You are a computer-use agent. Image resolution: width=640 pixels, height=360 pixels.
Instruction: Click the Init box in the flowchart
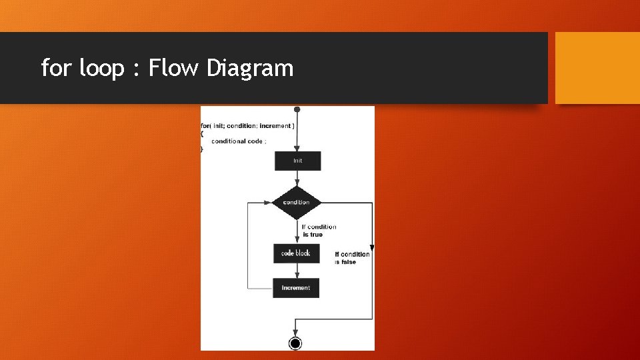297,161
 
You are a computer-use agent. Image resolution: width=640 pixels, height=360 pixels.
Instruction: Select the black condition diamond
296,202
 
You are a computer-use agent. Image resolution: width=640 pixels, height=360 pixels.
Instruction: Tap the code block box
296,253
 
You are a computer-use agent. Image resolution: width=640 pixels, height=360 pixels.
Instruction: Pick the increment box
296,288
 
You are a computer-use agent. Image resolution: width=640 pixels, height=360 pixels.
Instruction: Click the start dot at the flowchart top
297,109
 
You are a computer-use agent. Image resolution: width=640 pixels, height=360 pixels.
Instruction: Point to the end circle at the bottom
295,343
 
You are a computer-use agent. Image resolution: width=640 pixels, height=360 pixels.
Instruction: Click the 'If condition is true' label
319,231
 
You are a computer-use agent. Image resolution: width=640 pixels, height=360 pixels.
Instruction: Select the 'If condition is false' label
352,258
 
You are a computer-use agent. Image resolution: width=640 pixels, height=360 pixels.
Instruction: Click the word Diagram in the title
250,68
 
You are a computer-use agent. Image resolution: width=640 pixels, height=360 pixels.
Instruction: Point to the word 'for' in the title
57,68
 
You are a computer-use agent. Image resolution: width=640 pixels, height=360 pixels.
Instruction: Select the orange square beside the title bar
597,68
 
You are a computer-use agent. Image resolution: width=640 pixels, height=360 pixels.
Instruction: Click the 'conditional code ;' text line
239,141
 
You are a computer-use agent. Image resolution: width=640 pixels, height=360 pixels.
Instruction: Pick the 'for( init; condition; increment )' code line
247,126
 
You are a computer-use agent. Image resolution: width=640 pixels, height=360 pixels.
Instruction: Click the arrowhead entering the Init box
297,149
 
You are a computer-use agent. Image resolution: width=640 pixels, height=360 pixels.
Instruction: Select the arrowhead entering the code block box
297,241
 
